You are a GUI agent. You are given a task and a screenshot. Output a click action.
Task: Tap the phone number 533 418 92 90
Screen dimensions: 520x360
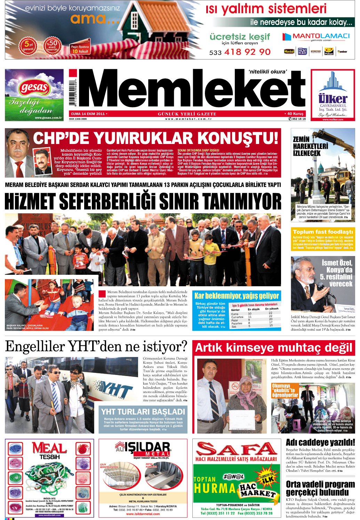click(x=240, y=52)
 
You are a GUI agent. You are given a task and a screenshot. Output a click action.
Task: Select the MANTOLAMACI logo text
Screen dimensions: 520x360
click(x=321, y=36)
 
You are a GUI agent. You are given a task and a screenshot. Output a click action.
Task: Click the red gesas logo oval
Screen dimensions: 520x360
click(x=34, y=87)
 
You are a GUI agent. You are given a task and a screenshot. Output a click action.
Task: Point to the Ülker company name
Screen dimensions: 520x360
click(x=333, y=99)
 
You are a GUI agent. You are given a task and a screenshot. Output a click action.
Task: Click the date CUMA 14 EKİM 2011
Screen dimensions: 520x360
click(x=88, y=114)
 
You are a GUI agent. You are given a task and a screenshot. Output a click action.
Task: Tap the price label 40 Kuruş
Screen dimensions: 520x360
click(x=295, y=114)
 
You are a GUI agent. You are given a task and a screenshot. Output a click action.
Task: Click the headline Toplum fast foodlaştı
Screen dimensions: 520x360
click(x=323, y=232)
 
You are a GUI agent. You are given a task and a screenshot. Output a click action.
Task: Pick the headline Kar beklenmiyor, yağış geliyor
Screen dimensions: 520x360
click(x=237, y=296)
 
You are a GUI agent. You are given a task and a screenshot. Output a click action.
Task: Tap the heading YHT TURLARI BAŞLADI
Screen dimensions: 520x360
click(x=143, y=412)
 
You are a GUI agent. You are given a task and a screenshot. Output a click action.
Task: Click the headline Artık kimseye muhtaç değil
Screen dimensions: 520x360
click(x=274, y=347)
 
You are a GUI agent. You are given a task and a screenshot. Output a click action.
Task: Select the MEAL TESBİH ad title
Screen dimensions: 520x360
click(x=49, y=450)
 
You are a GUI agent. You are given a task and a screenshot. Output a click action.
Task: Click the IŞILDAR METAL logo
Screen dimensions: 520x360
click(x=143, y=448)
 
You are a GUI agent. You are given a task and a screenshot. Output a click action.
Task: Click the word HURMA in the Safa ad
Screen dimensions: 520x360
click(x=215, y=488)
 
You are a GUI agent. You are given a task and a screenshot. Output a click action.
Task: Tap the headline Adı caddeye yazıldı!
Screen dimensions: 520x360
click(x=320, y=442)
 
